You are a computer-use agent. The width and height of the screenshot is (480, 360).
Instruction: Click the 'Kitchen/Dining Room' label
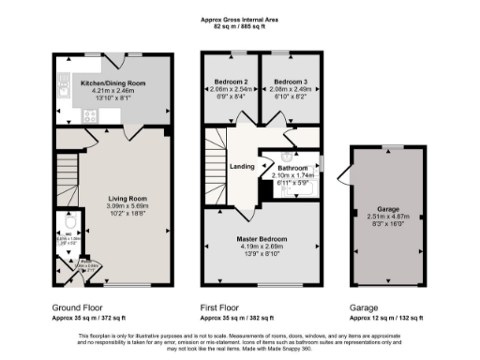click(x=112, y=83)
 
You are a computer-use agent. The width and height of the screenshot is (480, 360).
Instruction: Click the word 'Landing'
click(x=243, y=167)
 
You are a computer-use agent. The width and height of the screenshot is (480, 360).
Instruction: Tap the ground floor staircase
click(x=65, y=169)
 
